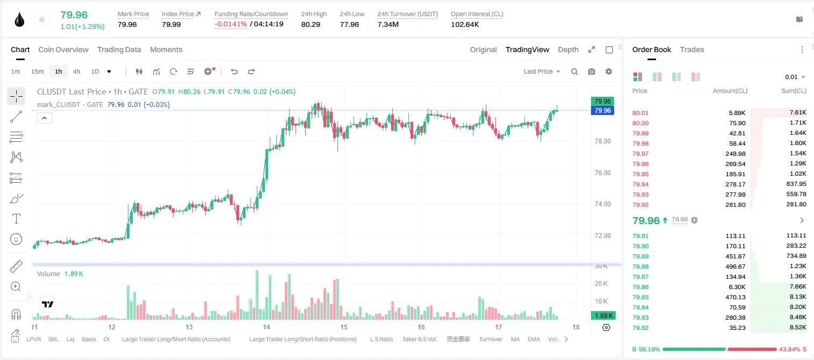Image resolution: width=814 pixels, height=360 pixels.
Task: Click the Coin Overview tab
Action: [x=63, y=49]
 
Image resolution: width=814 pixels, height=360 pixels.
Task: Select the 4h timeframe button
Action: [x=76, y=71]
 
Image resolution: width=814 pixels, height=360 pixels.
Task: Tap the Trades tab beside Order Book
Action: [x=692, y=49]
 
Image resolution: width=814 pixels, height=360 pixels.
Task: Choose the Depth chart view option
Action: [x=568, y=49]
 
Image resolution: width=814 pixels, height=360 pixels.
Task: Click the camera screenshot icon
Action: [x=592, y=71]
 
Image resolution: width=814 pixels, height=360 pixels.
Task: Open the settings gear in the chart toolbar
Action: [x=609, y=71]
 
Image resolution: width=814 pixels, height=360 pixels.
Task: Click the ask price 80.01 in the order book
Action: [x=640, y=113]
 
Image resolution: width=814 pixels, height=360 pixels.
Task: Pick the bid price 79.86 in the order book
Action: [x=640, y=286]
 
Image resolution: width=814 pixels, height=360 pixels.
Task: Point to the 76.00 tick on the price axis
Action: [x=602, y=173]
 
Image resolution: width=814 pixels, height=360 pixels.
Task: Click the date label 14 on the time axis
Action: [x=266, y=327]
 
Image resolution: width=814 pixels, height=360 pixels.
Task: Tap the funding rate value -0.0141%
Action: [x=230, y=24]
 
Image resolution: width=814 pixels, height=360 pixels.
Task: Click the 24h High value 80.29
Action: [x=311, y=24]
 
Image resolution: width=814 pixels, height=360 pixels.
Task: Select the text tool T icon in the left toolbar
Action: [x=16, y=219]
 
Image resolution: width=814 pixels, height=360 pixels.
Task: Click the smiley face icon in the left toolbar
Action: [x=16, y=239]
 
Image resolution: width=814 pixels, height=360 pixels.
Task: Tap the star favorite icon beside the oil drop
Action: [x=42, y=19]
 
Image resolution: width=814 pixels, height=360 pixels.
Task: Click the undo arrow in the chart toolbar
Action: [x=234, y=71]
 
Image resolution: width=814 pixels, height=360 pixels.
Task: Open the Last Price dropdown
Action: [x=542, y=71]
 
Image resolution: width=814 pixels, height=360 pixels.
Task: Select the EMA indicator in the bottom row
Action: [x=534, y=339]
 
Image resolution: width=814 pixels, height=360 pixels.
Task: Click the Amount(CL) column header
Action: [x=730, y=91]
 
